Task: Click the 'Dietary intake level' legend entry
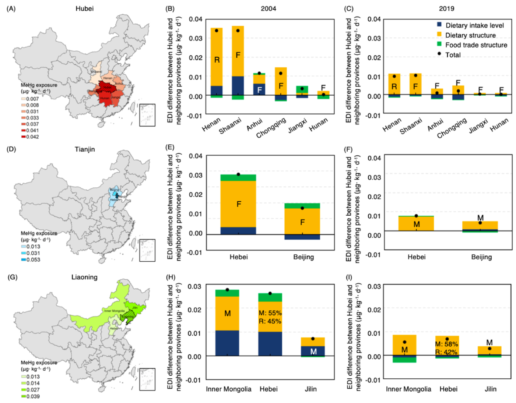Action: [474, 25]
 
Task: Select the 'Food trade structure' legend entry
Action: [476, 45]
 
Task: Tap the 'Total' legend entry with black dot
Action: [453, 55]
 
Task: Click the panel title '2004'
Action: [268, 8]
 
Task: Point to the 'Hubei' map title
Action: [84, 8]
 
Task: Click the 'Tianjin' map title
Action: [85, 149]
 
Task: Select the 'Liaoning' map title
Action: [84, 277]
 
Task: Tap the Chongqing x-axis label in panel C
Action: [452, 128]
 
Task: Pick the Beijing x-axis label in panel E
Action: [303, 257]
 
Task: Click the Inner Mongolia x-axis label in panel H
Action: [228, 389]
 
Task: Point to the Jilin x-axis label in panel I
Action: [490, 389]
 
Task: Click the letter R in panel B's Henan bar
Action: [217, 60]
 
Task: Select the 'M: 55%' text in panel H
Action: [270, 313]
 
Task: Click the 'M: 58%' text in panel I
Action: [446, 344]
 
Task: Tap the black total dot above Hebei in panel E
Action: [238, 174]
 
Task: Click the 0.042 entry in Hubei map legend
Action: [32, 137]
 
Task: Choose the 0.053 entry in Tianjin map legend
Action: [33, 259]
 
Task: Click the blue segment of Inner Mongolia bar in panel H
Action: [227, 343]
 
